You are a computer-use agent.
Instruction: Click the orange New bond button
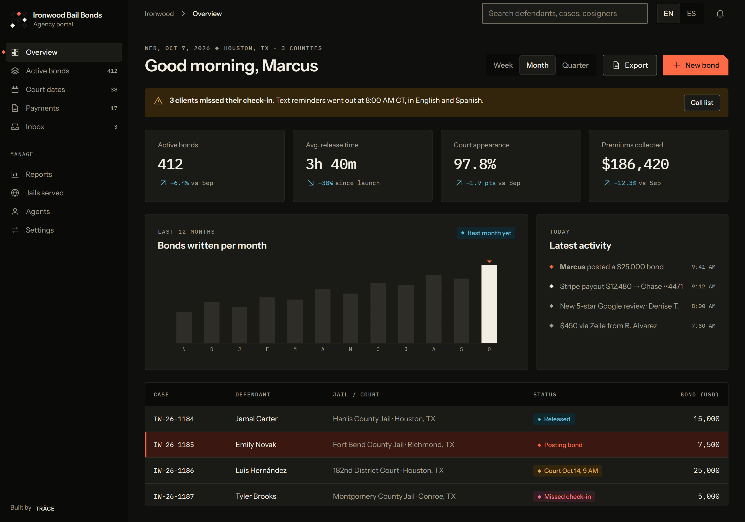(x=695, y=65)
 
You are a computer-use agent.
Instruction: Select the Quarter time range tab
(x=575, y=65)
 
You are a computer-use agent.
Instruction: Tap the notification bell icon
(x=720, y=14)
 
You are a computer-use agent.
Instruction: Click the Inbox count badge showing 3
(x=116, y=127)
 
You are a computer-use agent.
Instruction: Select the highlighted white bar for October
(x=489, y=304)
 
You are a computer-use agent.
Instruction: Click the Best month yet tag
(x=486, y=233)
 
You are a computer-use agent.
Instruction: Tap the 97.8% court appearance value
(x=475, y=164)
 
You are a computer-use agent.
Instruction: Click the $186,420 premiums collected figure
(x=635, y=164)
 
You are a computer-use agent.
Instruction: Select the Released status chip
(x=554, y=419)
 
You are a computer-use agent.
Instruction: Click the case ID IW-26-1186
(x=174, y=471)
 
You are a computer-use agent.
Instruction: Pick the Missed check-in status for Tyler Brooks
(x=564, y=497)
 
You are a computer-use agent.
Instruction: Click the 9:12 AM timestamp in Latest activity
(x=703, y=287)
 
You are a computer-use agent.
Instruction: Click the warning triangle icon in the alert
(x=158, y=101)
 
